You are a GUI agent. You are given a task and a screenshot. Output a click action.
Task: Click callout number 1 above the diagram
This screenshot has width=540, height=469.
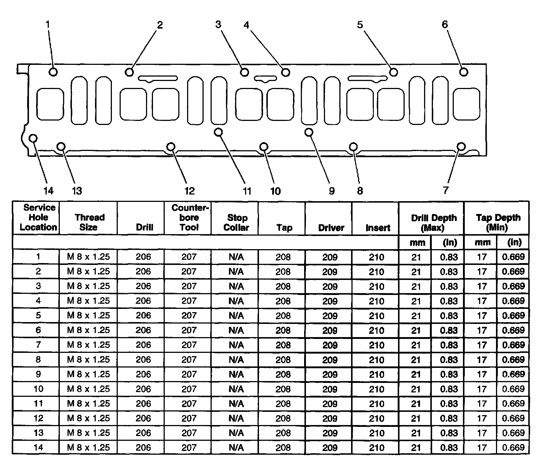(48, 25)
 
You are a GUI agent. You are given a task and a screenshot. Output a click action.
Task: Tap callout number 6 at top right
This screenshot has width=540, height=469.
(445, 25)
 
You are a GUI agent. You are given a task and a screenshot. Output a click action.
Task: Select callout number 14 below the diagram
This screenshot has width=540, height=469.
(48, 191)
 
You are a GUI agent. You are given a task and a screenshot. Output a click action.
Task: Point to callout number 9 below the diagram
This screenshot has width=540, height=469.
(332, 191)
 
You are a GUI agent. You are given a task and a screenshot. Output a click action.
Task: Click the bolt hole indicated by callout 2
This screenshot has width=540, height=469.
(129, 72)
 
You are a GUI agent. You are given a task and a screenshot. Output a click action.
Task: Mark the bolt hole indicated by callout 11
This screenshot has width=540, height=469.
(219, 132)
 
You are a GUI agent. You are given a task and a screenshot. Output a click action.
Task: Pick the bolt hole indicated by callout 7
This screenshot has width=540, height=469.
(461, 147)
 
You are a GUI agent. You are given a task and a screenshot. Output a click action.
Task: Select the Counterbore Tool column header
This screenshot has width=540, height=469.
(189, 218)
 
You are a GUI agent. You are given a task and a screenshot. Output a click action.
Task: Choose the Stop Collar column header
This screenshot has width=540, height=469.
(236, 222)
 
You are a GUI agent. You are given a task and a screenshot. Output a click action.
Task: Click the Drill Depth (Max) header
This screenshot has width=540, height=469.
(434, 222)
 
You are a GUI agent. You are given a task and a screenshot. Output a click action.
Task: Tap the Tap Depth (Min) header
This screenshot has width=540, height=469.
(498, 222)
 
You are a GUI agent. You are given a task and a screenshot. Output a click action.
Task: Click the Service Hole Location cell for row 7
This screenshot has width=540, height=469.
(38, 345)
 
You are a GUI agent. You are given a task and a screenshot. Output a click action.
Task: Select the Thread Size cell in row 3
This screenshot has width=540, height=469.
(88, 286)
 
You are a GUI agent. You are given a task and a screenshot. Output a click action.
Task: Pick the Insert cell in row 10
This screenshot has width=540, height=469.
(376, 389)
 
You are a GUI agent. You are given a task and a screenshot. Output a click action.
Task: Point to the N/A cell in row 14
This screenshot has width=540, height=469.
(236, 447)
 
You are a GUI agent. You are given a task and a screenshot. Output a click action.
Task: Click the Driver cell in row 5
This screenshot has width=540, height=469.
(330, 315)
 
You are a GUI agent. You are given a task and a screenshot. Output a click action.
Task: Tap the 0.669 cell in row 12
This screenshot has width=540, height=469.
(514, 418)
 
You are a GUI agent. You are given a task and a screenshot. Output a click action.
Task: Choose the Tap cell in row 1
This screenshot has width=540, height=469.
(283, 257)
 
